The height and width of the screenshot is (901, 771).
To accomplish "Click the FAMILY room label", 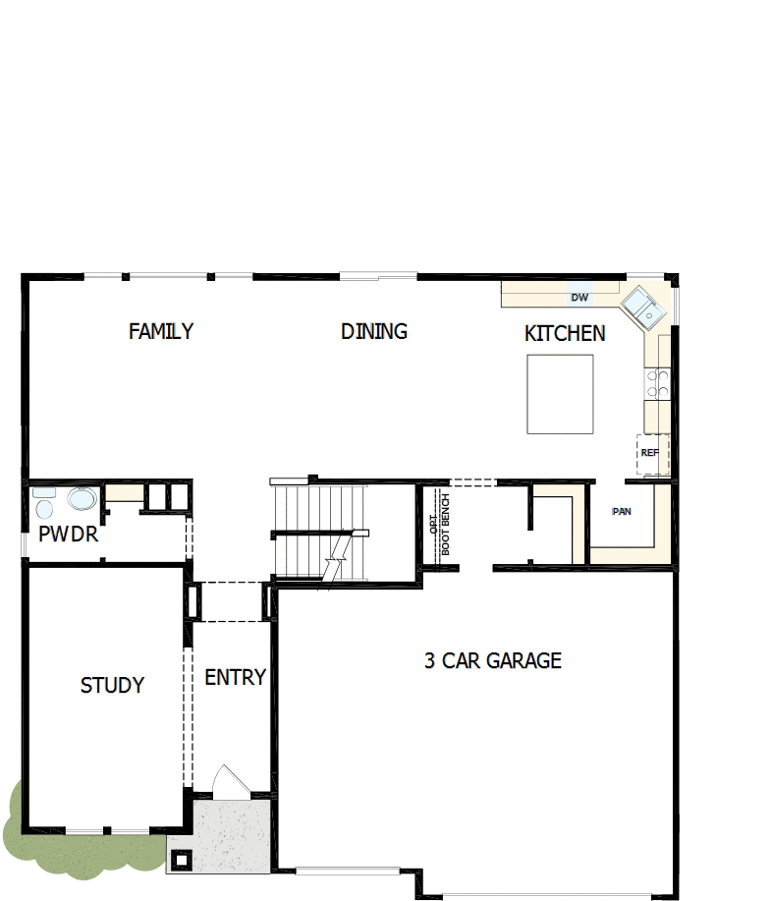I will [161, 331].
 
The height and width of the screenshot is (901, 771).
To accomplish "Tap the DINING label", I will [374, 331].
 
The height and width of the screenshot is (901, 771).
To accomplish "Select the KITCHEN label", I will [565, 334].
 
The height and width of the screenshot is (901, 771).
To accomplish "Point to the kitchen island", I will [560, 394].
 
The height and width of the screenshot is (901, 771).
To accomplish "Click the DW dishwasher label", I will [579, 297].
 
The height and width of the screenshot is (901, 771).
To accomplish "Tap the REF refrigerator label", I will [649, 453].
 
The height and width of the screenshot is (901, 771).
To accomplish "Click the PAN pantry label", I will [622, 512].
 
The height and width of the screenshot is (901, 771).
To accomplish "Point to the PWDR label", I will [68, 535].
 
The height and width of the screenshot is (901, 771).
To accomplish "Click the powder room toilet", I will [42, 505].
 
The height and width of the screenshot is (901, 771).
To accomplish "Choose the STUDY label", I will [112, 685].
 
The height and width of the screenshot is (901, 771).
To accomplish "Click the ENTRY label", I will [236, 677].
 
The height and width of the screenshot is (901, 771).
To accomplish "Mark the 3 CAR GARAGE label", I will [493, 660].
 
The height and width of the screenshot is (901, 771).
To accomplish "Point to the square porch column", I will [181, 860].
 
